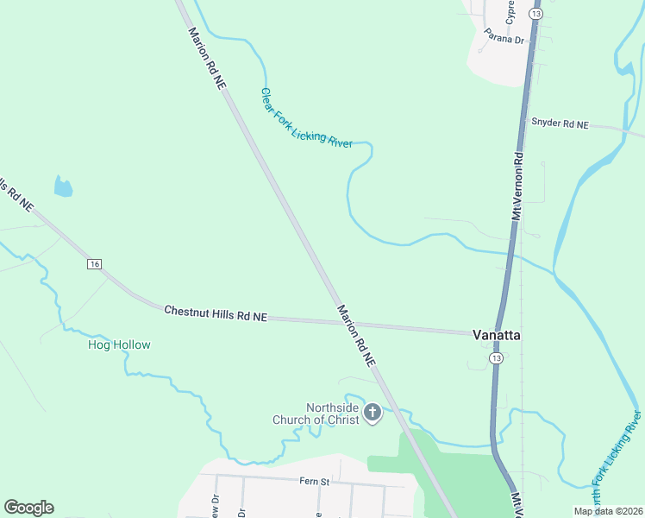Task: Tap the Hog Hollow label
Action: point(119,345)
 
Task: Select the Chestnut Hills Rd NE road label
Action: point(216,313)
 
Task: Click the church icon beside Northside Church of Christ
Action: point(373,413)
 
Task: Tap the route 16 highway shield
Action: point(95,263)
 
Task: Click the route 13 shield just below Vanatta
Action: point(495,357)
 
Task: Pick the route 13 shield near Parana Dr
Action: point(536,15)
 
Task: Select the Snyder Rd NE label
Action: point(560,124)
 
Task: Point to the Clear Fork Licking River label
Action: point(306,118)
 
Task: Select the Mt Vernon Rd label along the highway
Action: point(518,186)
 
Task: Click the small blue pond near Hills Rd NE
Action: point(63,186)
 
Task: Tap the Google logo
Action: point(28,508)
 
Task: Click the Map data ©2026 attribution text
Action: point(608,511)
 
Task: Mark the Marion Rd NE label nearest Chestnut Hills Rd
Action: point(357,337)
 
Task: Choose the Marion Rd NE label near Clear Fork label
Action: point(209,58)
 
